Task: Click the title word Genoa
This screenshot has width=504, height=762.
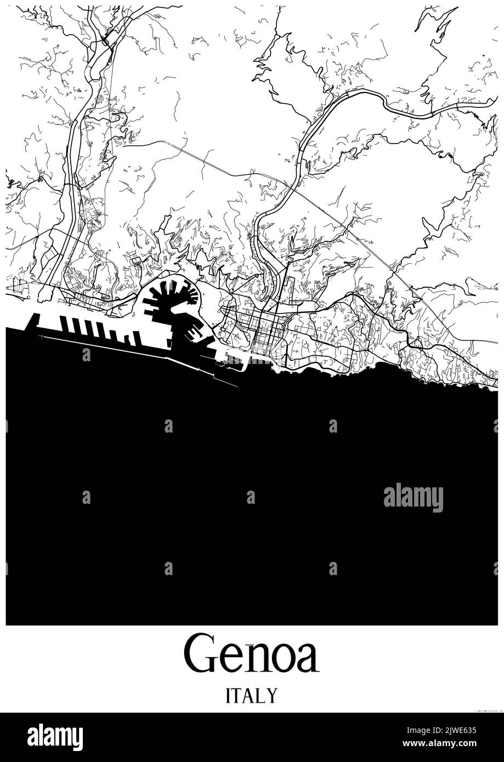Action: pos(251,653)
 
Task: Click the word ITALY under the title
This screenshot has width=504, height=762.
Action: pos(251,696)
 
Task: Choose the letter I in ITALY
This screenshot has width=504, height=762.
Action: pos(228,696)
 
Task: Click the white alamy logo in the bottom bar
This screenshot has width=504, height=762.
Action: pos(55,737)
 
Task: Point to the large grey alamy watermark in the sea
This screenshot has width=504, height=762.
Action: pos(413,497)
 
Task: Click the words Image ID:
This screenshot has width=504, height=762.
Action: pos(406,730)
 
